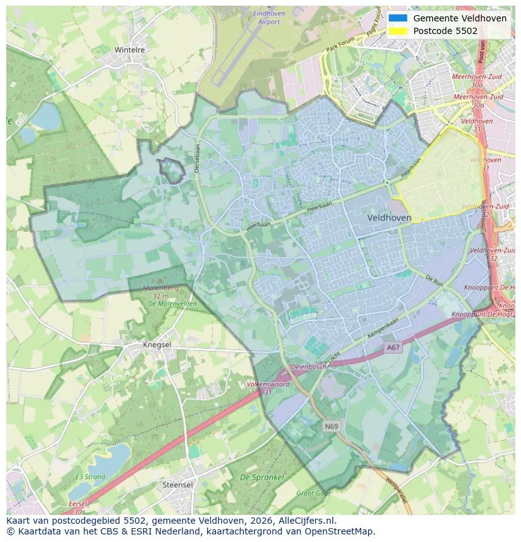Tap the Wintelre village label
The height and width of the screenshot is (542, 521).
[x=130, y=50]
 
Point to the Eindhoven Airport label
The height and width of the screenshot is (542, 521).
[x=269, y=18]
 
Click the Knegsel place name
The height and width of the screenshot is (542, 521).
[x=157, y=345]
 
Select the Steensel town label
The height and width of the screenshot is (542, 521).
[x=177, y=485]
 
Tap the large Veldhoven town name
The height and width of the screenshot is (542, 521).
[x=389, y=218]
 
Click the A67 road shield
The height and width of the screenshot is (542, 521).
[x=393, y=347]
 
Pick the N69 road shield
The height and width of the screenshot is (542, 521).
[x=332, y=426]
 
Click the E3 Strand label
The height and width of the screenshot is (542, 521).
[x=90, y=477]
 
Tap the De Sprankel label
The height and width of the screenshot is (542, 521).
[x=262, y=478]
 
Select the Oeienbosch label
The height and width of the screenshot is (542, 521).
[x=308, y=366]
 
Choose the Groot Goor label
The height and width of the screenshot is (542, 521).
[x=313, y=494]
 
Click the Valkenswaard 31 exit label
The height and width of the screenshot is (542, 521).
[x=268, y=387]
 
